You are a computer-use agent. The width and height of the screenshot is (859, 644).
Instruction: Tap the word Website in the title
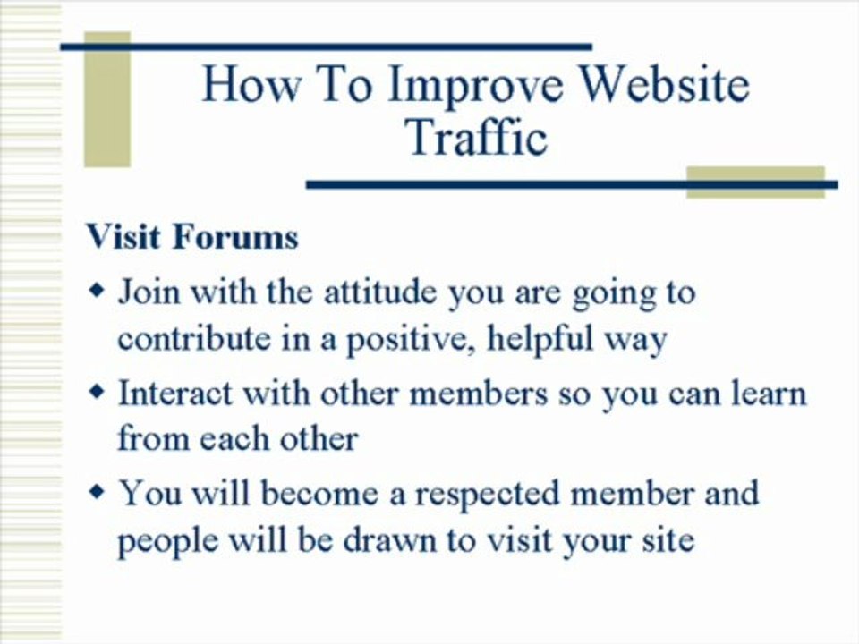pyautogui.click(x=663, y=84)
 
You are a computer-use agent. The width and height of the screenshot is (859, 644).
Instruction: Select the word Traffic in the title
pyautogui.click(x=475, y=139)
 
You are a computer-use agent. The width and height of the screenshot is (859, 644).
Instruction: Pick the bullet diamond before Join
pyautogui.click(x=98, y=292)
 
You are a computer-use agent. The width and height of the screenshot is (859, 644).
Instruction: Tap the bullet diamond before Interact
pyautogui.click(x=98, y=392)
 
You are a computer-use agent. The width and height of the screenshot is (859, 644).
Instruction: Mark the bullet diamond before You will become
pyautogui.click(x=98, y=492)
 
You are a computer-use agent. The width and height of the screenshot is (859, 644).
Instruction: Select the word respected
pyautogui.click(x=480, y=494)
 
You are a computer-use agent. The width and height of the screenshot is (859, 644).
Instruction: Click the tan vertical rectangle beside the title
pyautogui.click(x=107, y=100)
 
